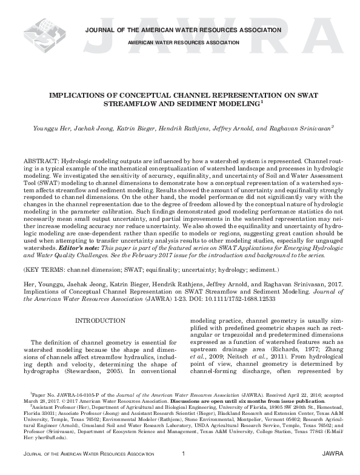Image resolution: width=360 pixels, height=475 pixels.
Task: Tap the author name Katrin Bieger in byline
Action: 152,129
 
